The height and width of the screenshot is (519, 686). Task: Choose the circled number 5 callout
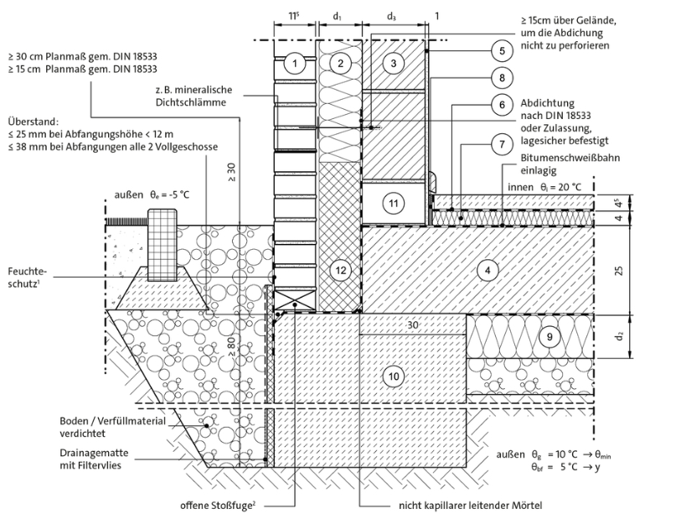pyautogui.click(x=500, y=50)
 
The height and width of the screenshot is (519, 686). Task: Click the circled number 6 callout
pyautogui.click(x=500, y=106)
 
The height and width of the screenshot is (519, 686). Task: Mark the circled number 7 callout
pyautogui.click(x=500, y=144)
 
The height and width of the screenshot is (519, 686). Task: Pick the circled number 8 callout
pyautogui.click(x=500, y=78)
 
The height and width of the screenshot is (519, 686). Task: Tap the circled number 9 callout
pyautogui.click(x=549, y=336)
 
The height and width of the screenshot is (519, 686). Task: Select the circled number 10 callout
pyautogui.click(x=393, y=376)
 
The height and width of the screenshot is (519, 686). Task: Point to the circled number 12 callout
pyautogui.click(x=338, y=270)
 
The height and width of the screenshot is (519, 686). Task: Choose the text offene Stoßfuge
pyautogui.click(x=214, y=506)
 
